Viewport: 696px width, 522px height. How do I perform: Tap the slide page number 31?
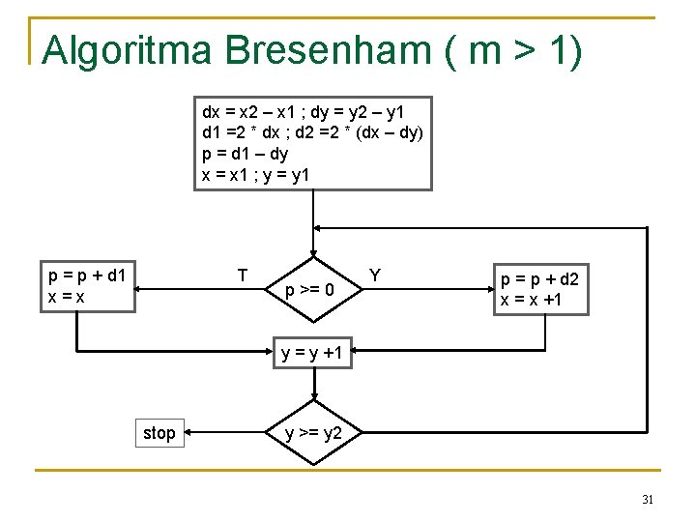tap(648, 500)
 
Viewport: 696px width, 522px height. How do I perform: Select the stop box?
tap(159, 433)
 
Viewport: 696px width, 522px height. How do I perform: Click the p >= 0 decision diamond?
tap(313, 289)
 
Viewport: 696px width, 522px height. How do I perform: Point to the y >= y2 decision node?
tap(313, 433)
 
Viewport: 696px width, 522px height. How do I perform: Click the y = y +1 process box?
tap(313, 354)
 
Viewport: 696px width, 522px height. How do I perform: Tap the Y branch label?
tap(375, 275)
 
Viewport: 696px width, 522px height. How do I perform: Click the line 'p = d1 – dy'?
tap(245, 153)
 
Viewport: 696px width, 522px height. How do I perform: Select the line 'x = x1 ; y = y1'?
tap(255, 174)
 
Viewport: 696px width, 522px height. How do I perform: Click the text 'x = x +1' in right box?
tap(530, 300)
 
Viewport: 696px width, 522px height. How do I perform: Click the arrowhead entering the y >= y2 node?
tap(313, 398)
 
